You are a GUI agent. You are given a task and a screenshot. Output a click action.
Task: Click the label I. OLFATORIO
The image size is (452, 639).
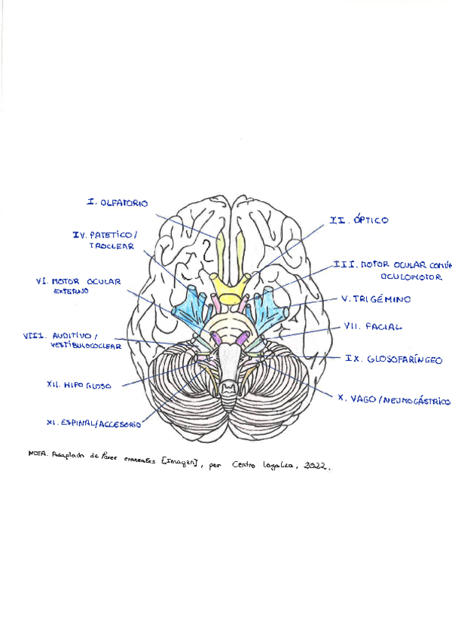point(118,203)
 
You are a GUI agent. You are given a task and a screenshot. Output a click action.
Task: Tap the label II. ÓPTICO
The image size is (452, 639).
point(359,220)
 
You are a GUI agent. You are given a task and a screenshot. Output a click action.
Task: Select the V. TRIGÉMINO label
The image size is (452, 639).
point(376,299)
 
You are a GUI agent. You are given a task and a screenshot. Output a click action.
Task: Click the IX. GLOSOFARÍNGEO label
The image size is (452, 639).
point(382,359)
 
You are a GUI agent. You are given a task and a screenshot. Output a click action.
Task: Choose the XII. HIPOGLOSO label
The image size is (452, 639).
point(78,385)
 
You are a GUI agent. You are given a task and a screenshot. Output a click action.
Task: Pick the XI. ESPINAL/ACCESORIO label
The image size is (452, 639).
point(93,424)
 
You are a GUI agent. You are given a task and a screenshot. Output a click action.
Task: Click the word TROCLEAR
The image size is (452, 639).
point(111,246)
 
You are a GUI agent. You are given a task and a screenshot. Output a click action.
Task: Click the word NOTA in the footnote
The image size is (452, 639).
point(37,454)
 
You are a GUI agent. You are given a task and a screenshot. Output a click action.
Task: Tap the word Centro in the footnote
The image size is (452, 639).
point(245,465)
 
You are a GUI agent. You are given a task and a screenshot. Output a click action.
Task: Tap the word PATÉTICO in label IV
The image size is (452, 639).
point(115,235)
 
